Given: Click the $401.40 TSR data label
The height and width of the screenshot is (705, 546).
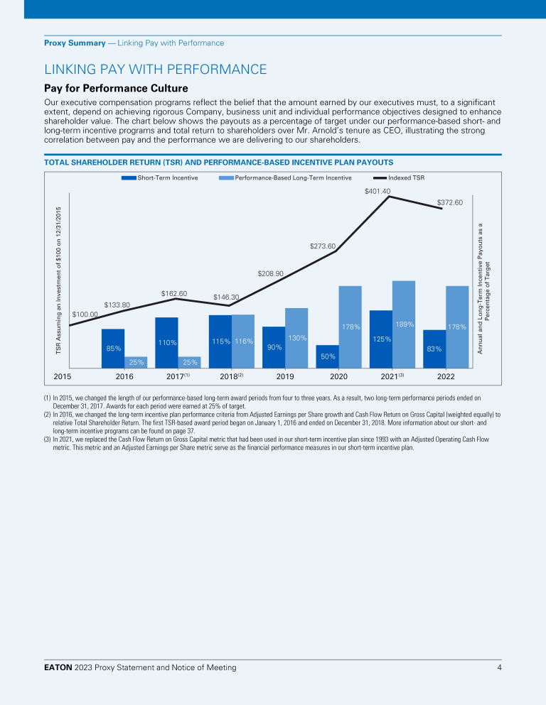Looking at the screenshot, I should [x=378, y=192].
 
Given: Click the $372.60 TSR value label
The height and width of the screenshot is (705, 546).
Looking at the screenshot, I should [x=450, y=202].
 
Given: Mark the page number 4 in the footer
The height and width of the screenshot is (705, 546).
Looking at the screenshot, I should [x=499, y=668].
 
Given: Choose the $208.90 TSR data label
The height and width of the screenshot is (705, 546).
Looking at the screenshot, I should [x=271, y=273].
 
